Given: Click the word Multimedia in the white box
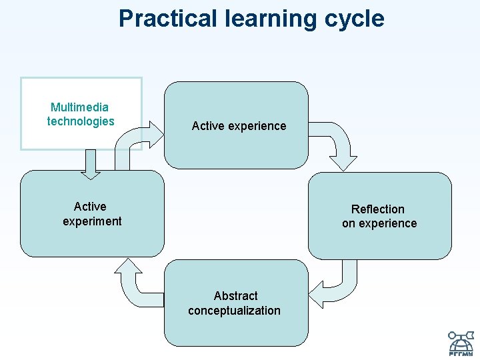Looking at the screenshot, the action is click(80, 107).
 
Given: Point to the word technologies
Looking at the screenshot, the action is click(81, 121).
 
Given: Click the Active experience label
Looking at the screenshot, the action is click(239, 126).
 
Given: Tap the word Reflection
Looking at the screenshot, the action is click(378, 209).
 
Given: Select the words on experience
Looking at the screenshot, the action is click(379, 223).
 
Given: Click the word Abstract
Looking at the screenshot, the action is click(235, 295).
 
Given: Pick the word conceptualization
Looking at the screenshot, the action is click(234, 310).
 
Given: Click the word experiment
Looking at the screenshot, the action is click(92, 221).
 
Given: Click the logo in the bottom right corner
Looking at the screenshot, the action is click(460, 342).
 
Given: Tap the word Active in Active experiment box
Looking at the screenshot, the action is click(90, 207).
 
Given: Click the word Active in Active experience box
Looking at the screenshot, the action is click(207, 126).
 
